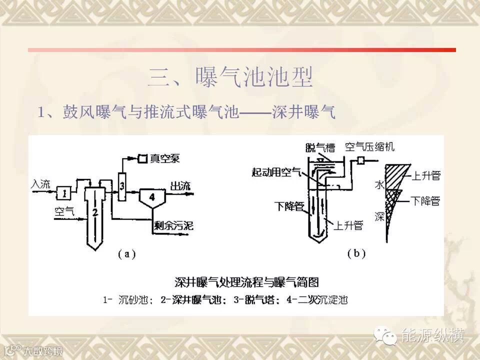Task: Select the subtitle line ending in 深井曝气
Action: point(186,112)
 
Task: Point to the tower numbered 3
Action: point(121,186)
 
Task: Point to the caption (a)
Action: point(126,254)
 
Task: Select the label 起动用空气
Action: point(276,172)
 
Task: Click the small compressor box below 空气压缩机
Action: point(359,160)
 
